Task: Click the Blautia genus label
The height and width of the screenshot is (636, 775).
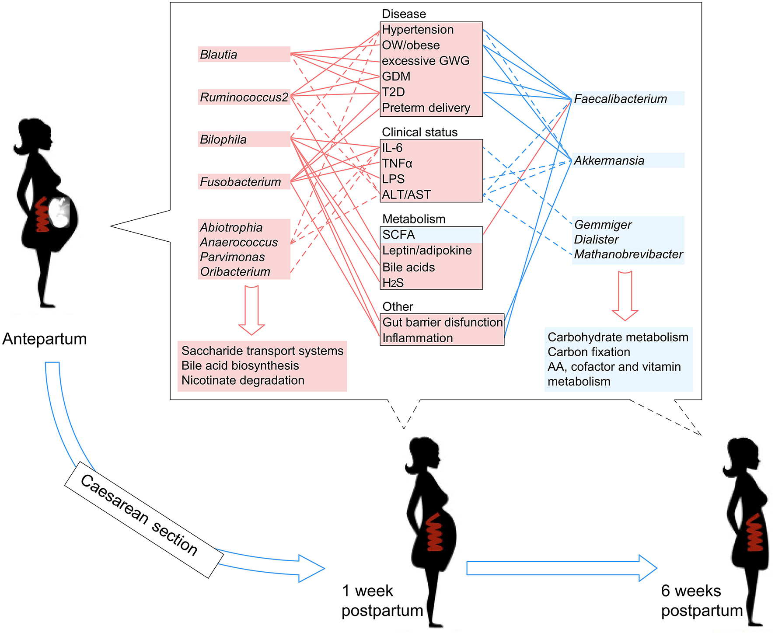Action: point(219,55)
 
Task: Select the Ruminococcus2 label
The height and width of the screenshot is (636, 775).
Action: point(244,97)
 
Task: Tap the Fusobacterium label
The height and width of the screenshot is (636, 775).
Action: point(240,182)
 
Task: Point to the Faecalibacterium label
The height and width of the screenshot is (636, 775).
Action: point(620,99)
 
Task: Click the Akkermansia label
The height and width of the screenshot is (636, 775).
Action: point(609,160)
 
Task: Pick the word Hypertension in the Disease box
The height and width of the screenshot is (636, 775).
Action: point(418,30)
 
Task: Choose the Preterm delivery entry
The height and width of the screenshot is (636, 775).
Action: point(426,108)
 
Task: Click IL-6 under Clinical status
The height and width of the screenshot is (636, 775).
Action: point(392,148)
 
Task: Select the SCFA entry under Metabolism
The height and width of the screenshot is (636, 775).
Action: point(398,235)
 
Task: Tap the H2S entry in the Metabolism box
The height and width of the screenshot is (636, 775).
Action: point(393,283)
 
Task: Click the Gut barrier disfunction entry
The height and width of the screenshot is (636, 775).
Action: point(442,322)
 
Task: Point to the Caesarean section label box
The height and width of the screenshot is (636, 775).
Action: point(144,519)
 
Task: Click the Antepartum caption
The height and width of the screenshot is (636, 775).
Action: point(45,339)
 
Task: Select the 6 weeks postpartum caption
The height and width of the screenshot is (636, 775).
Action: point(702,601)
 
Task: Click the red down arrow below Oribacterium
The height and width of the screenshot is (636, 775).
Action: point(251,310)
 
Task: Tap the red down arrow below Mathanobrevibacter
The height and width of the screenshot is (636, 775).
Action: point(625,296)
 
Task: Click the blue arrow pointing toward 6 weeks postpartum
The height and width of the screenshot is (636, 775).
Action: point(561,568)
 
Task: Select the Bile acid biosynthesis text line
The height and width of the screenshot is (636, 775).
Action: point(240,365)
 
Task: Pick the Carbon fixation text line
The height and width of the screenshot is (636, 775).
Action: point(589,352)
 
